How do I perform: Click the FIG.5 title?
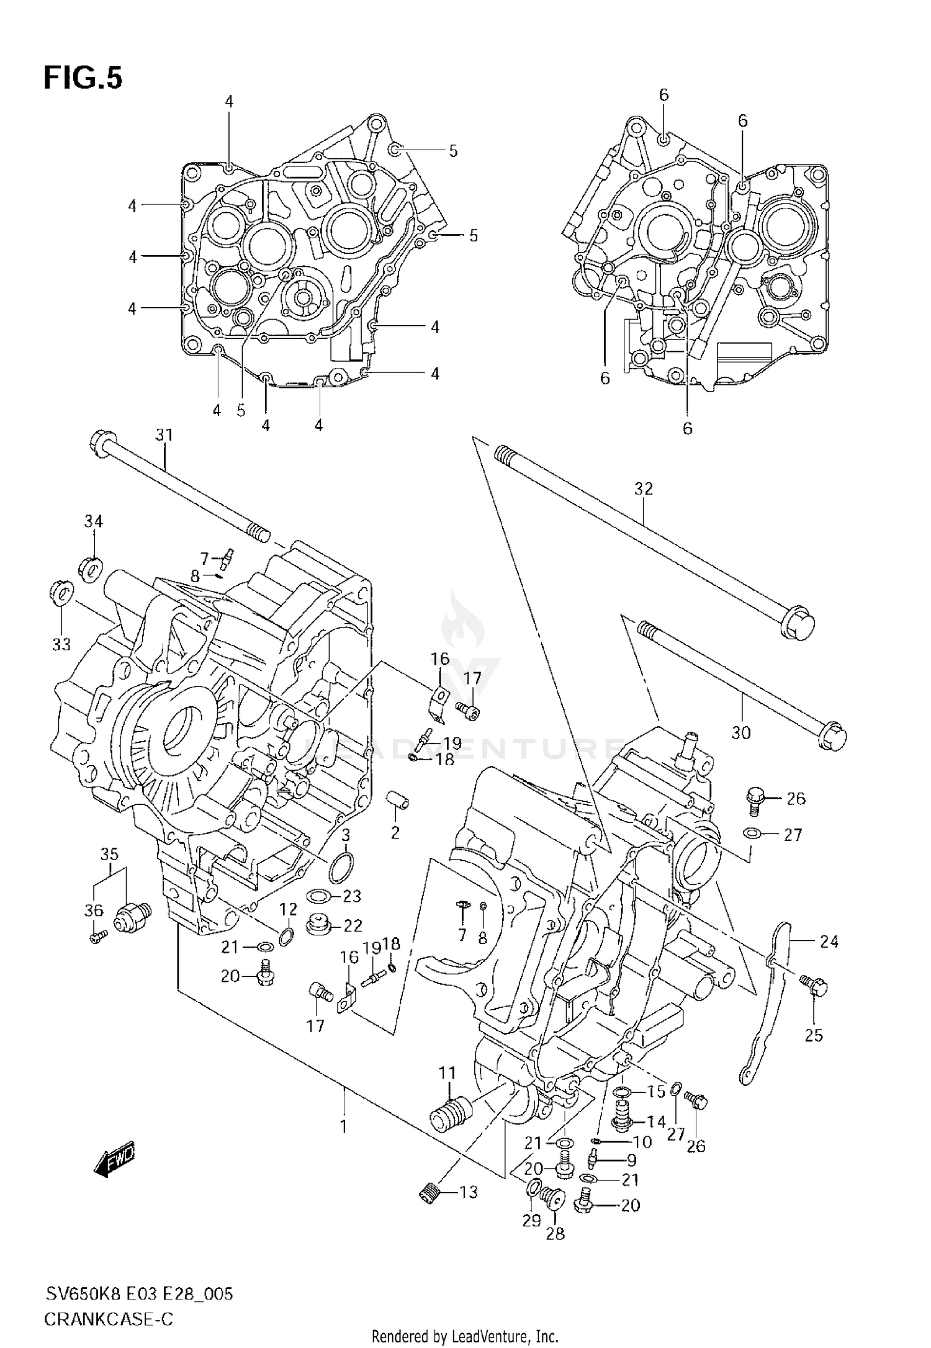[83, 79]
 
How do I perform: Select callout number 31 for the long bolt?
[164, 435]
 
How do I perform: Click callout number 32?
[644, 488]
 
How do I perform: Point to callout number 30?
[741, 733]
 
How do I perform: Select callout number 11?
[448, 1072]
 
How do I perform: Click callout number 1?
[344, 1126]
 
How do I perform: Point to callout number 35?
[109, 853]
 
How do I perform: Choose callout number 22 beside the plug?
[353, 925]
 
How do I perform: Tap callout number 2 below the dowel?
[395, 832]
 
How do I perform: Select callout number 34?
[93, 521]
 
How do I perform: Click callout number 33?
[61, 645]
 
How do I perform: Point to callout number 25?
[814, 1035]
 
